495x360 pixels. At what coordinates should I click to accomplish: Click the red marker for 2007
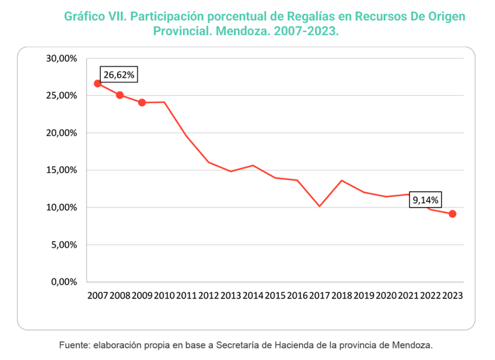(98, 83)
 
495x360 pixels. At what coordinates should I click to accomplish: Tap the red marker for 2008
(120, 95)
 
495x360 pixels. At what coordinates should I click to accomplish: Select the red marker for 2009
(142, 102)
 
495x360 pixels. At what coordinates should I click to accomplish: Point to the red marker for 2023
(452, 214)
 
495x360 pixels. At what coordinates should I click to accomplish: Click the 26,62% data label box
(119, 75)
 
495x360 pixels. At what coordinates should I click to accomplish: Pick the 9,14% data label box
(425, 201)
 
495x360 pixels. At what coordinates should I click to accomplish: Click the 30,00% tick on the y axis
(61, 58)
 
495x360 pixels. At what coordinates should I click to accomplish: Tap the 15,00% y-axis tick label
(61, 170)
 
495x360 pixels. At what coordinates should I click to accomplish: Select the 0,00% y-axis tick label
(64, 282)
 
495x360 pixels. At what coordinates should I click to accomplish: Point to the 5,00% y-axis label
(64, 245)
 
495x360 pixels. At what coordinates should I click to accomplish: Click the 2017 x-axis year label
(319, 295)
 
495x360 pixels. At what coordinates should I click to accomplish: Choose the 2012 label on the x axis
(209, 295)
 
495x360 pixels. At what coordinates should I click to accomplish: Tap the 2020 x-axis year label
(386, 295)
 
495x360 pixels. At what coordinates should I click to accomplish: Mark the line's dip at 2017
(320, 206)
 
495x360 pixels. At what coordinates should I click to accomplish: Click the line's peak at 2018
(341, 181)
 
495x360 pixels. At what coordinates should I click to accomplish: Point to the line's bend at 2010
(164, 102)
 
